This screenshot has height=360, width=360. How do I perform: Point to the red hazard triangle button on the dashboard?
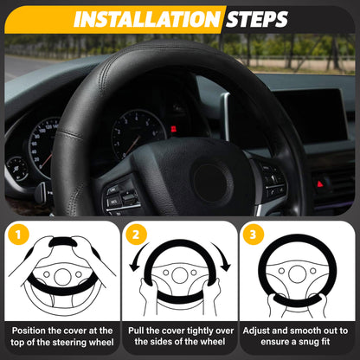320,183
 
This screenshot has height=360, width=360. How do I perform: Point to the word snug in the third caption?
312,343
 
